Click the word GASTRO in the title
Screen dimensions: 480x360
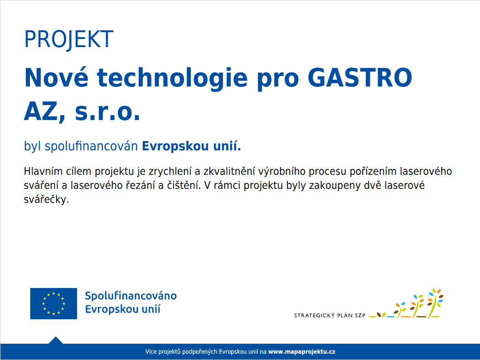[360, 78]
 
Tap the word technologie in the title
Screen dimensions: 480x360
[172, 79]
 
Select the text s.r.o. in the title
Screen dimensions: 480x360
[107, 112]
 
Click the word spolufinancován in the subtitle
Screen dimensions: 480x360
[91, 146]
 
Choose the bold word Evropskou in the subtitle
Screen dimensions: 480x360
[175, 146]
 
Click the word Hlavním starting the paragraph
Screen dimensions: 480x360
[43, 171]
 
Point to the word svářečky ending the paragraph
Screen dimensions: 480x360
[46, 199]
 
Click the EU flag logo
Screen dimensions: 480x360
[53, 303]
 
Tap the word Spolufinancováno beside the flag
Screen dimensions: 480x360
[131, 296]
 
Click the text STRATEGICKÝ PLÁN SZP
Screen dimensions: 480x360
[330, 315]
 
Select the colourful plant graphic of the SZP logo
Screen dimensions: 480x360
[407, 304]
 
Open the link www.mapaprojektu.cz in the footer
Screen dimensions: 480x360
[301, 352]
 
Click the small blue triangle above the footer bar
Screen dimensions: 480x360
[55, 341]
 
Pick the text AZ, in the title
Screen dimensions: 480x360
[45, 112]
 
